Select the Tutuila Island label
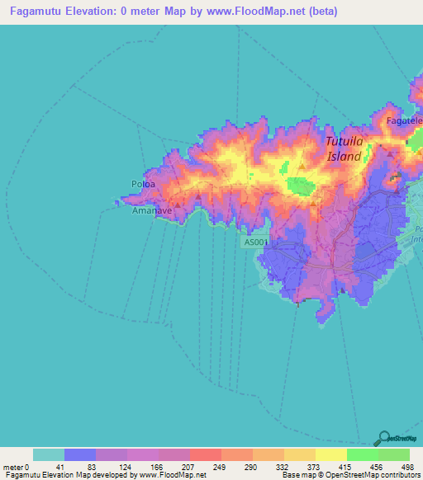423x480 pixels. click(344, 148)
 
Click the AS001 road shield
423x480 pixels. click(256, 242)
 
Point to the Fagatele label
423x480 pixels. click(405, 121)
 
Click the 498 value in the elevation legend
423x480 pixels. click(406, 467)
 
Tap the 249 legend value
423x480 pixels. click(221, 467)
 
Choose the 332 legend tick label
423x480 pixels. click(284, 467)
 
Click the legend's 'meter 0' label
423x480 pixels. click(16, 467)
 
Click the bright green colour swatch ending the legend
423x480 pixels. click(394, 454)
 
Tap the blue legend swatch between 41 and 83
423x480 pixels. click(80, 454)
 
